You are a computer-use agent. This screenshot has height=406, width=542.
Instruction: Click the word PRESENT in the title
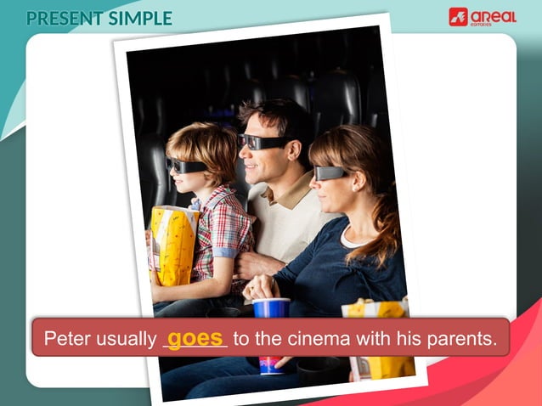click(x=63, y=18)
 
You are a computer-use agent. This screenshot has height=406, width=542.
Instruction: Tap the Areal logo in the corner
click(x=482, y=17)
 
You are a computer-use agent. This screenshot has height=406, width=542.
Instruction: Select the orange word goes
click(x=195, y=337)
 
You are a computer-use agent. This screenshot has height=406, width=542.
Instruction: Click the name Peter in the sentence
click(x=66, y=339)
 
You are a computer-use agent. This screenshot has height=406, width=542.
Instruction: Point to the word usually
click(x=125, y=339)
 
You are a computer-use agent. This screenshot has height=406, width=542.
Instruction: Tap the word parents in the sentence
click(x=465, y=339)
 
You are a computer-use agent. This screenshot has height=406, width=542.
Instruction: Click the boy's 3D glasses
click(x=185, y=165)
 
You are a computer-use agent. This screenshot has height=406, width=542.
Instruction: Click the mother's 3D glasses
click(x=329, y=172)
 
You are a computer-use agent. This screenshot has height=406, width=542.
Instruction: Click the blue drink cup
click(x=271, y=307)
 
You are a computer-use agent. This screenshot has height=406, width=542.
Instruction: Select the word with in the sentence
click(x=364, y=339)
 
